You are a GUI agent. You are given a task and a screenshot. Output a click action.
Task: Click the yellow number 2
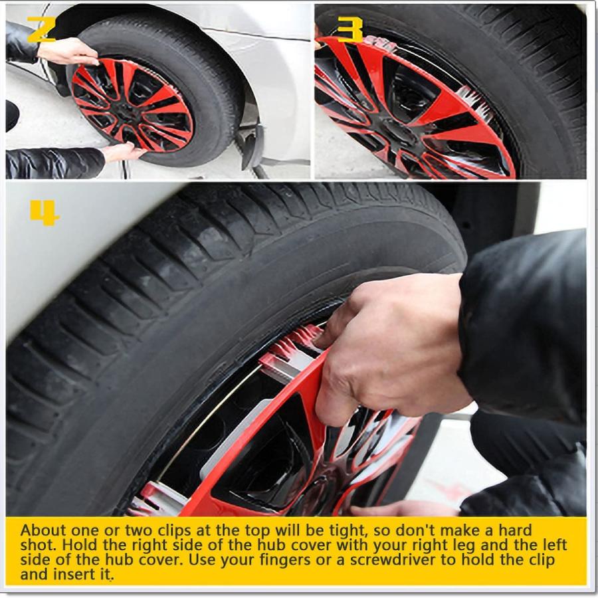(41, 29)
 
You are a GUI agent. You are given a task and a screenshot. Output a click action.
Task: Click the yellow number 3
(350, 29)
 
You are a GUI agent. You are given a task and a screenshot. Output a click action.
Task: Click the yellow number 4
(45, 213)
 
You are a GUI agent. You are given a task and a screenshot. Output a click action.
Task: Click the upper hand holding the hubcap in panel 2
(68, 51)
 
